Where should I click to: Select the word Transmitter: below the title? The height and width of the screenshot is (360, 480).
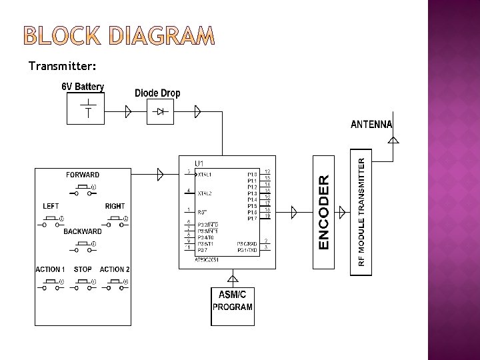[63, 67]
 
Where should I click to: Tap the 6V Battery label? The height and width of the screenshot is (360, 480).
[83, 87]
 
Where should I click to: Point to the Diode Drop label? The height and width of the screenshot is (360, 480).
[157, 93]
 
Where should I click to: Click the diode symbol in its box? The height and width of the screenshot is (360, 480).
[160, 112]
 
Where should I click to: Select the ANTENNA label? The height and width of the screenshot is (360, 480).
[371, 125]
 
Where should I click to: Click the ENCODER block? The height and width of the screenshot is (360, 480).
[324, 212]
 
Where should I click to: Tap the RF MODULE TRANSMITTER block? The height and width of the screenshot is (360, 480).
[361, 212]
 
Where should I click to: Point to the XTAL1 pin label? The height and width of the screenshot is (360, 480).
[205, 174]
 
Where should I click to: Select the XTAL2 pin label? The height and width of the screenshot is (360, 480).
[205, 193]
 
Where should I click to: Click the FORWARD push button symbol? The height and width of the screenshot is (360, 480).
[83, 190]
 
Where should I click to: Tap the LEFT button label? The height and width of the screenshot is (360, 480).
[51, 206]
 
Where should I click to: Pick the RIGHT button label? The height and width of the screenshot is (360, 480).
[115, 206]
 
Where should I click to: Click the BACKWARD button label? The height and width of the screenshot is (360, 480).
[83, 232]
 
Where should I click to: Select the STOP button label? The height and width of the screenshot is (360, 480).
[83, 270]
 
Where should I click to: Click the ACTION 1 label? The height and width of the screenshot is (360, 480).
[51, 270]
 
